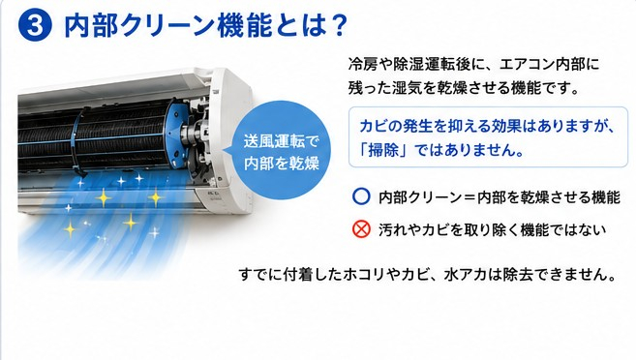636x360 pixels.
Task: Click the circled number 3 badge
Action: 35,25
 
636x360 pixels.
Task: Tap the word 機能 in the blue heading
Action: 244,25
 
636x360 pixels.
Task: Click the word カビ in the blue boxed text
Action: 374,126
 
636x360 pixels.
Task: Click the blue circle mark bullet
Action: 361,196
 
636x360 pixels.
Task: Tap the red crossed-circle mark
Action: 361,229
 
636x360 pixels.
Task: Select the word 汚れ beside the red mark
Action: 393,230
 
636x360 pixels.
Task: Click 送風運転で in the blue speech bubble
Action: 282,141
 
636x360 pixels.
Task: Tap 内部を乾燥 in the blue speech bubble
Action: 282,163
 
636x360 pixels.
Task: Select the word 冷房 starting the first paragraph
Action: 363,65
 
